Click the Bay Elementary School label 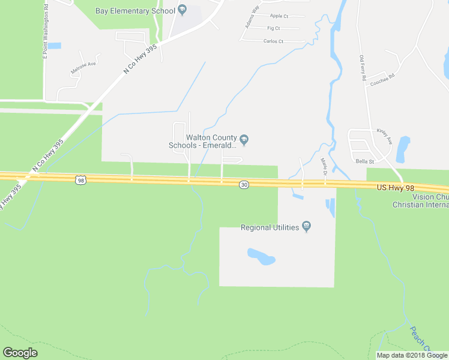click(135, 11)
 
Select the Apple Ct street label click(279, 16)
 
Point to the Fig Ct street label click(273, 28)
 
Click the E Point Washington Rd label click(45, 33)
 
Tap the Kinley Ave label click(384, 136)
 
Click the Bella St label click(364, 161)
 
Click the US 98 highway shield click(81, 179)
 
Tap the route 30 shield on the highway click(244, 185)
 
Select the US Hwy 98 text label click(396, 188)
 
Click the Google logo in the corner click(20, 353)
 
